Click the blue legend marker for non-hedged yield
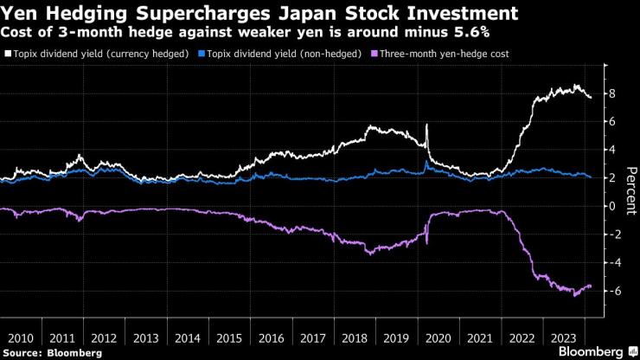point(202,54)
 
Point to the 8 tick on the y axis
point(611,93)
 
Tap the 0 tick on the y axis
point(611,206)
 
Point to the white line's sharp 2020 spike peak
point(426,125)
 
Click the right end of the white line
point(592,97)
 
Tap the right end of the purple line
point(592,286)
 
